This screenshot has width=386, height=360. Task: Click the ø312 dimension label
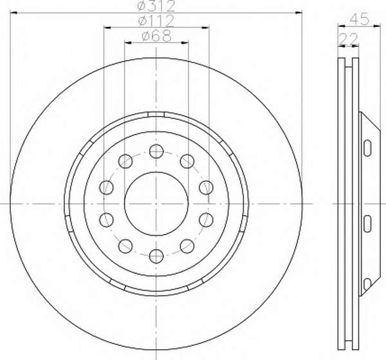[156, 6]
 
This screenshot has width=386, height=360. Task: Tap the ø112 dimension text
[156, 21]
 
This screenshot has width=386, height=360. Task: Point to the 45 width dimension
[360, 19]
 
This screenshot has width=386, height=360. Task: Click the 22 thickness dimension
[348, 39]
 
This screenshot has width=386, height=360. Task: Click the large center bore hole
[156, 204]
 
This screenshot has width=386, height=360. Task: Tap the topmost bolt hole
[156, 151]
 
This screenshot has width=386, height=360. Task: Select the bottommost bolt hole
[156, 256]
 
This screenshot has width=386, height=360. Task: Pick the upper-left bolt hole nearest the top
[125, 161]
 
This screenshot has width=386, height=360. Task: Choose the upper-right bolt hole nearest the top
[187, 161]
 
